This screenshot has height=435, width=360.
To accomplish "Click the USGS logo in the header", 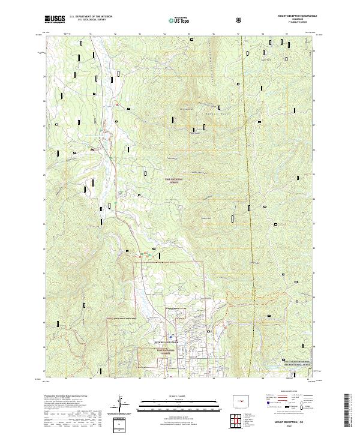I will coord(55,19).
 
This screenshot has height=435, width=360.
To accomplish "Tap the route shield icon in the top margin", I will coord(240,20).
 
